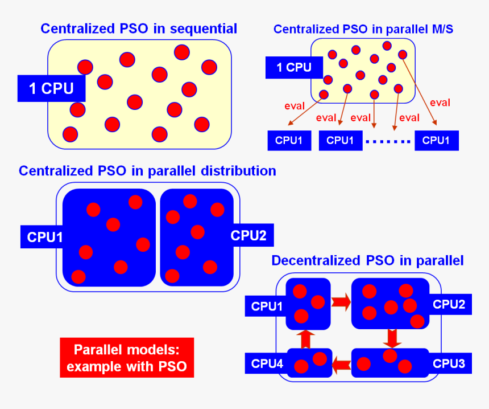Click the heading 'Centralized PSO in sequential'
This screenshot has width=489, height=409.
click(x=139, y=28)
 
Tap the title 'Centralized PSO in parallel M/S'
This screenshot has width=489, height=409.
click(x=363, y=29)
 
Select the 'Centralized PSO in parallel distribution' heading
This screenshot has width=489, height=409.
click(x=147, y=170)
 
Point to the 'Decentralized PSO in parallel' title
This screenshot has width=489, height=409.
click(x=367, y=260)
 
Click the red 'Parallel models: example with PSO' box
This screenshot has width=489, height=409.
click(x=127, y=358)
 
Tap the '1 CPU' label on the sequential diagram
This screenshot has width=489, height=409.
click(x=51, y=89)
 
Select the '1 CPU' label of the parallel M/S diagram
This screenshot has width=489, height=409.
click(x=293, y=67)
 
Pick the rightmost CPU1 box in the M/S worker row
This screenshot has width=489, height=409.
click(x=436, y=140)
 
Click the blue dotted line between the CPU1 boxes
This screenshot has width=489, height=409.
click(x=388, y=141)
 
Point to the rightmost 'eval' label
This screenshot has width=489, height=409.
click(x=440, y=103)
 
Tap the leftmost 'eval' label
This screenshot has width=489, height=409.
click(x=294, y=105)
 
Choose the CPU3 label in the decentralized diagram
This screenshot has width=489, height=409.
click(x=449, y=363)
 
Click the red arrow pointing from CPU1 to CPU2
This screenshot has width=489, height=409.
click(x=341, y=302)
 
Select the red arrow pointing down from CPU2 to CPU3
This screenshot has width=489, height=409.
click(x=391, y=338)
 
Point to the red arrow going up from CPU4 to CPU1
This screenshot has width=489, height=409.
click(x=305, y=338)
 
